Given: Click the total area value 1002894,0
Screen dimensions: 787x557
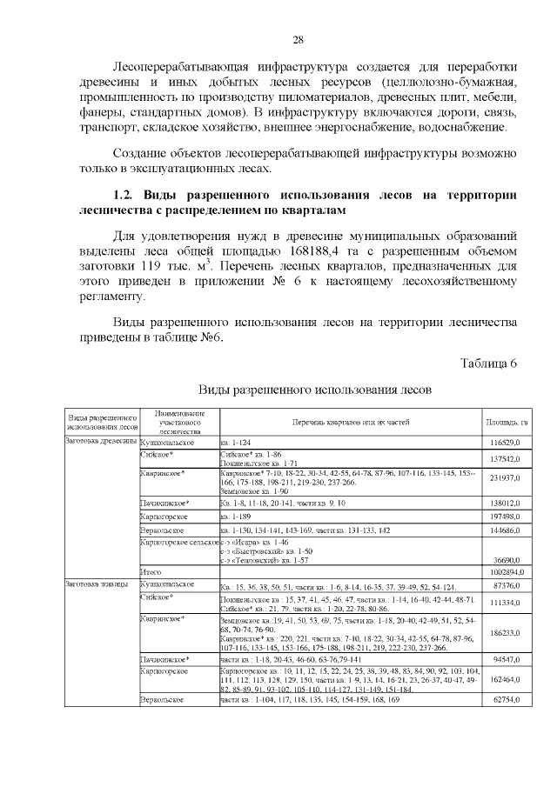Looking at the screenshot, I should [505, 571].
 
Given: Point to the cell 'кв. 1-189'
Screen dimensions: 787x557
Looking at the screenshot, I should [237, 516].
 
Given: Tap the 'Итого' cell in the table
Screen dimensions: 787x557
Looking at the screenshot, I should [151, 571].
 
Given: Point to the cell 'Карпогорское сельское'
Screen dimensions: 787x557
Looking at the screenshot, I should [179, 541].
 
